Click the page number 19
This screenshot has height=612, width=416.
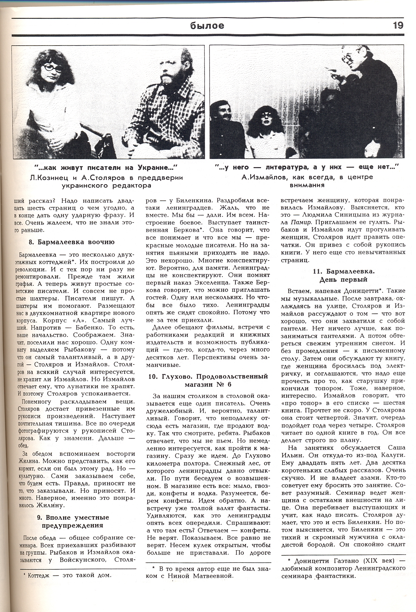pyautogui.click(x=398, y=25)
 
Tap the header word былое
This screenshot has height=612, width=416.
pyautogui.click(x=207, y=26)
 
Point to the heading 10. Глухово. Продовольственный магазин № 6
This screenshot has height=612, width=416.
pyautogui.click(x=208, y=380)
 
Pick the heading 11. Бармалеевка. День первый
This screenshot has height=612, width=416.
pyautogui.click(x=343, y=275)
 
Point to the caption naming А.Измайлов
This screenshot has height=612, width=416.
pyautogui.click(x=307, y=181)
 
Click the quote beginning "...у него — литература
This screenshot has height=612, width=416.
pyautogui.click(x=307, y=167)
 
